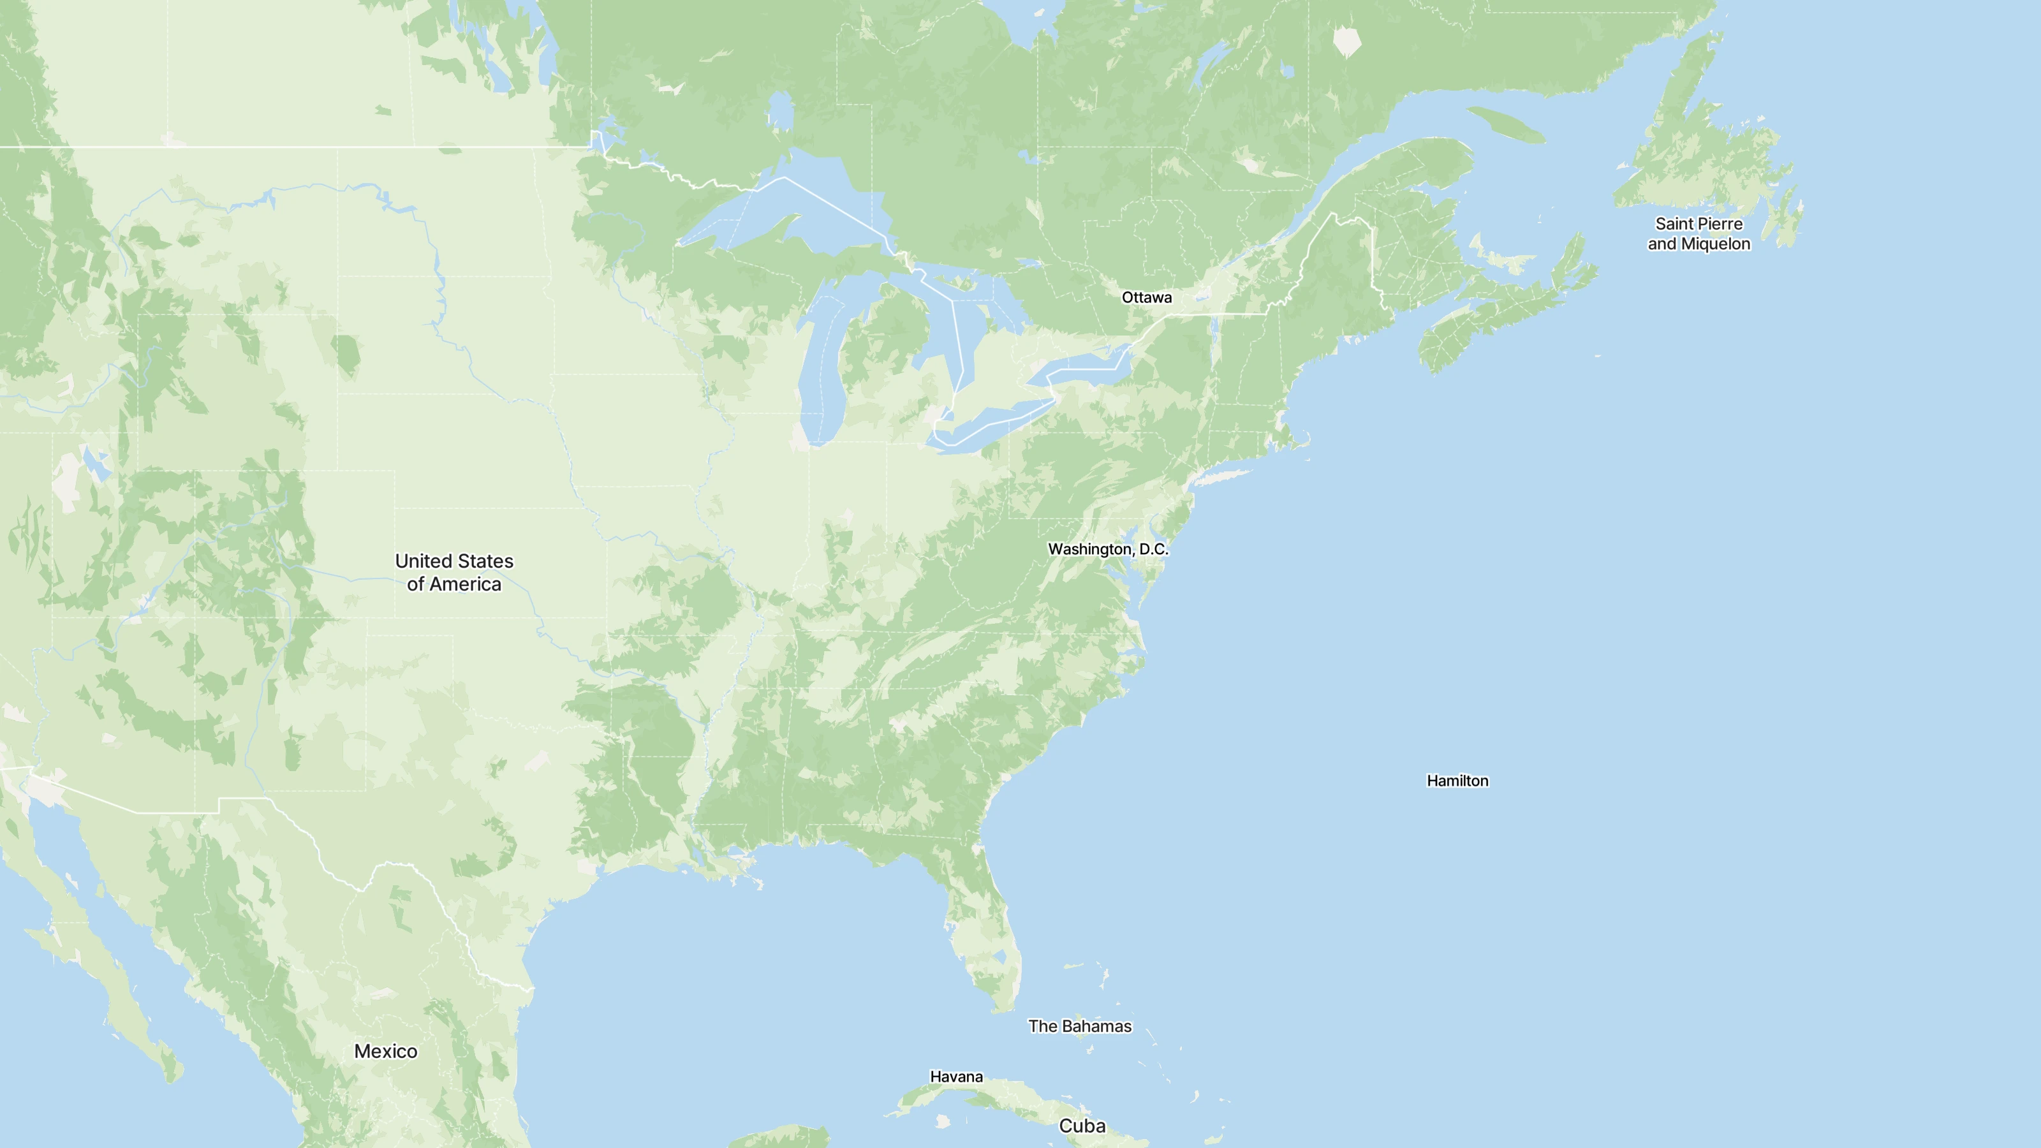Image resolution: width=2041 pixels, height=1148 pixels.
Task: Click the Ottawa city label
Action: coord(1147,297)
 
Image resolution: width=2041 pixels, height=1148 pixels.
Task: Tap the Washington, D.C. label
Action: coord(1108,549)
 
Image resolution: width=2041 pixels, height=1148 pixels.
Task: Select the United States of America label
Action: coord(454,572)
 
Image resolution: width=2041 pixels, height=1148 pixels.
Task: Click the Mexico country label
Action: coord(386,1051)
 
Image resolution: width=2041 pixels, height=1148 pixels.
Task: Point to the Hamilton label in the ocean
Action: coord(1457,781)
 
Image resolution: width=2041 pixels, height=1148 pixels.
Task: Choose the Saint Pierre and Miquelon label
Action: coord(1698,233)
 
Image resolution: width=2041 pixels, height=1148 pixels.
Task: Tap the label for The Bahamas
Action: coord(1079,1026)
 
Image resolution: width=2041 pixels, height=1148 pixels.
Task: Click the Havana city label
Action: coord(956,1077)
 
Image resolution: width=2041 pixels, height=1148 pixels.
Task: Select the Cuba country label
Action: coord(1082,1126)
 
